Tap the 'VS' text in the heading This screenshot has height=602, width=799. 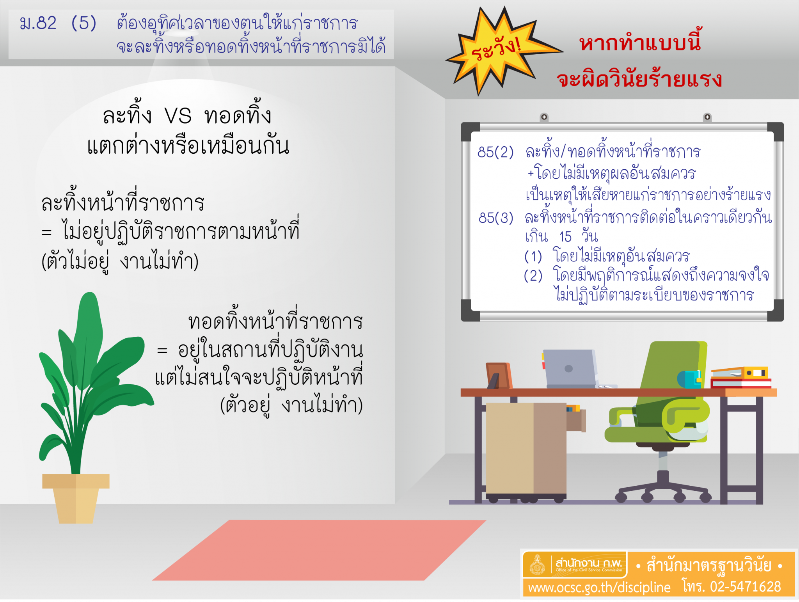pyautogui.click(x=178, y=116)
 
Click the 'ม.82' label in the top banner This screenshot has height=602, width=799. pyautogui.click(x=38, y=23)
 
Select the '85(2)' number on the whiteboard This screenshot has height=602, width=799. pyautogui.click(x=495, y=152)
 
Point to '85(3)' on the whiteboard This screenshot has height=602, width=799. pyautogui.click(x=496, y=218)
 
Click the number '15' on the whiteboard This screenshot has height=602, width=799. pyautogui.click(x=565, y=237)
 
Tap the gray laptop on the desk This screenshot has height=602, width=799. pyautogui.click(x=570, y=369)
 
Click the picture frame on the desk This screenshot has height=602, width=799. pyautogui.click(x=499, y=375)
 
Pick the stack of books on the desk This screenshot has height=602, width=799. pyautogui.click(x=740, y=377)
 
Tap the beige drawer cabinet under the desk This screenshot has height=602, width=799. pyautogui.click(x=526, y=449)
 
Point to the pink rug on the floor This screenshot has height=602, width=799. pyautogui.click(x=319, y=550)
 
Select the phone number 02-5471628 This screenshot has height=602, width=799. pyautogui.click(x=746, y=586)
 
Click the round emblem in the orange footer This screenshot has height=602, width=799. pyautogui.click(x=537, y=565)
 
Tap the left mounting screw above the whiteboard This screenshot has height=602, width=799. pyautogui.click(x=544, y=117)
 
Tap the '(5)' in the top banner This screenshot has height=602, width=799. pyautogui.click(x=84, y=23)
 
